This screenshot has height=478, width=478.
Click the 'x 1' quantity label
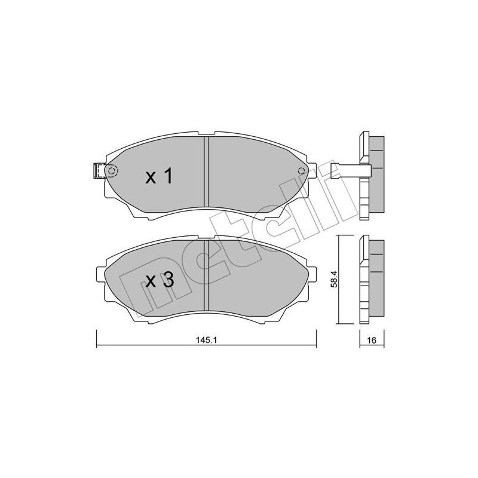pos(160,176)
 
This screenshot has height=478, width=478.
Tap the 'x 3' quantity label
pos(160,281)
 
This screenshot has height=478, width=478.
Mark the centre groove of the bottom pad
pos(206,275)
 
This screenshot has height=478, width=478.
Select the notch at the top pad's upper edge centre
pos(206,136)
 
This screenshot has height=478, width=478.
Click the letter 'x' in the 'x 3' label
pos(151,282)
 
